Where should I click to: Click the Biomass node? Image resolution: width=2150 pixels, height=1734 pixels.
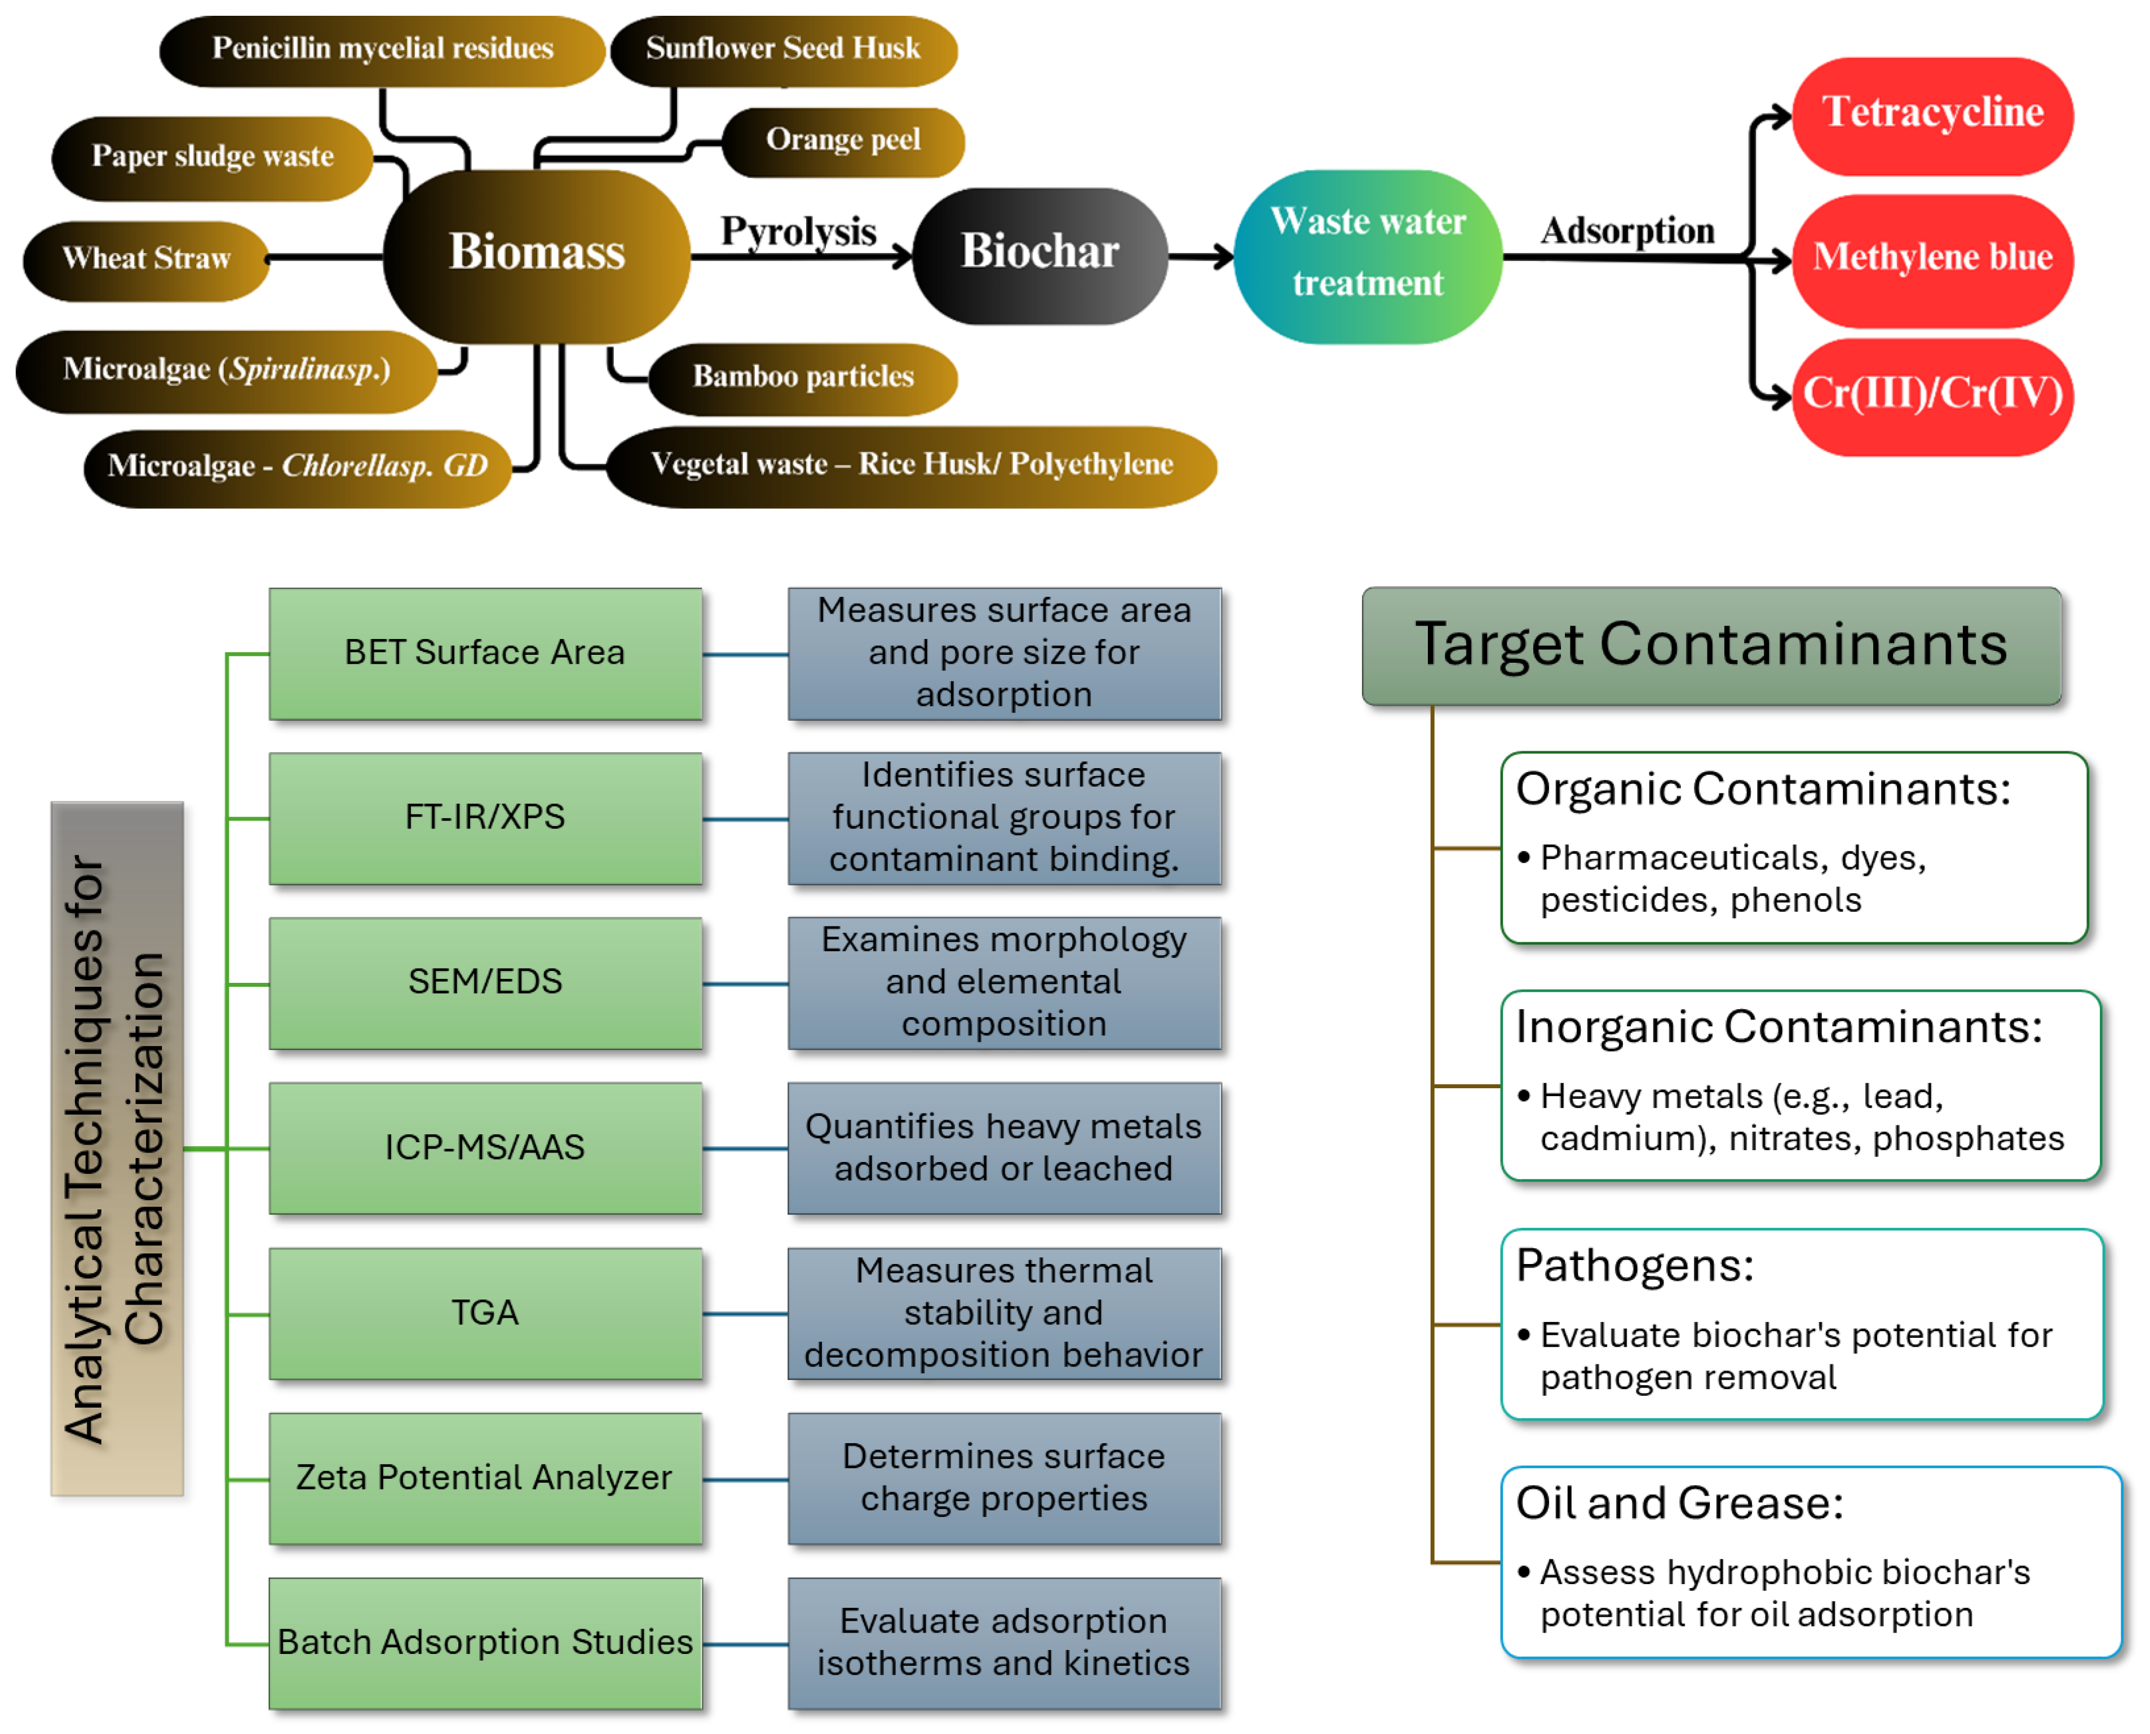[537, 252]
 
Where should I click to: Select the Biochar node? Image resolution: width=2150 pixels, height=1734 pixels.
[1040, 252]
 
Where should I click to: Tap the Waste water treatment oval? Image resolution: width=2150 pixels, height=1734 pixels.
[1368, 255]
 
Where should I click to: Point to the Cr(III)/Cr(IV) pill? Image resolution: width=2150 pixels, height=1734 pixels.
[1932, 394]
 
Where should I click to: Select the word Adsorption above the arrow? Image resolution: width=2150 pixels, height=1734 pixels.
[1627, 230]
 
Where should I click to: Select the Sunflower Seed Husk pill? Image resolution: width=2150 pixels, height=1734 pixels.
[782, 49]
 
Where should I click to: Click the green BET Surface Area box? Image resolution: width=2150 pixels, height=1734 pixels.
[485, 653]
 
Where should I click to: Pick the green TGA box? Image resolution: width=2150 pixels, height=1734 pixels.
[485, 1314]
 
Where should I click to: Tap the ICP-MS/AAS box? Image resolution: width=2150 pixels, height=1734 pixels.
[485, 1148]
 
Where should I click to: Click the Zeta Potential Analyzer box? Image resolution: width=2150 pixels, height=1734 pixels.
[485, 1478]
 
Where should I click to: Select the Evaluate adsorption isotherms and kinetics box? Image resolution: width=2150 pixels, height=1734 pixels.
[1004, 1643]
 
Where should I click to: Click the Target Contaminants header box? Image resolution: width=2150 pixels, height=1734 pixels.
[1711, 645]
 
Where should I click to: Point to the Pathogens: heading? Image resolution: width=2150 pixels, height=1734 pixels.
[1635, 1266]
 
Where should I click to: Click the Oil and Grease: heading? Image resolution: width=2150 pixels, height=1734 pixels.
[1679, 1504]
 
